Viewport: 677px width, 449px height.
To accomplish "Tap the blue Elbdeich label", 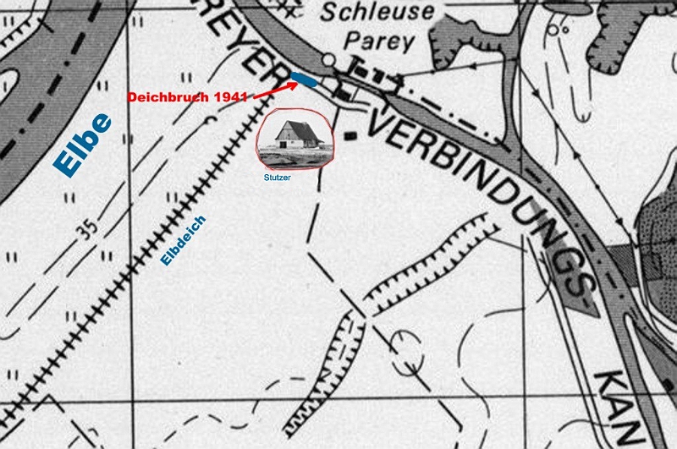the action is (184, 241).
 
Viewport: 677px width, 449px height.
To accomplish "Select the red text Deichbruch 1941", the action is (187, 97).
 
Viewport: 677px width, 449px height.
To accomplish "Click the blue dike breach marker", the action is (305, 80).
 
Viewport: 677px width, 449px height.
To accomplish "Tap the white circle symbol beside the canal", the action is (329, 60).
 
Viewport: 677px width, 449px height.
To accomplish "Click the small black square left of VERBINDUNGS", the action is (349, 134).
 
